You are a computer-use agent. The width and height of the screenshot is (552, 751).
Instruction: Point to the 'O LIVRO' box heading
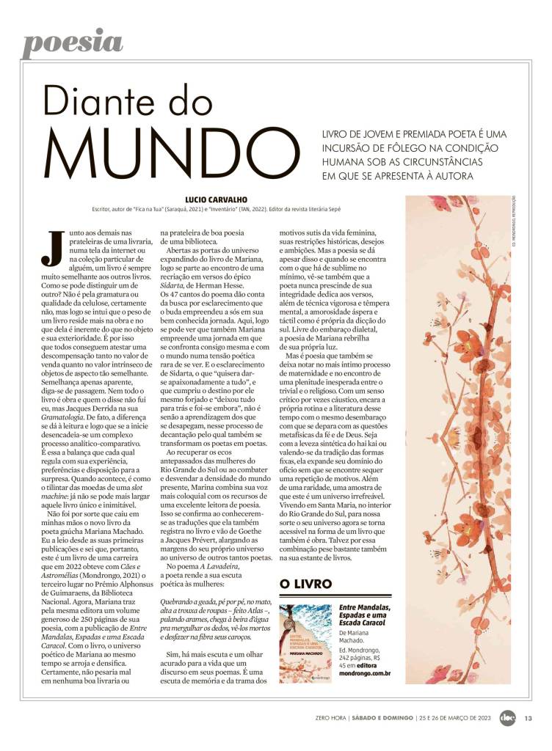(305, 584)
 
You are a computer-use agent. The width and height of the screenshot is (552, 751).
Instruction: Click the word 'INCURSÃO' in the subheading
(352, 149)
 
